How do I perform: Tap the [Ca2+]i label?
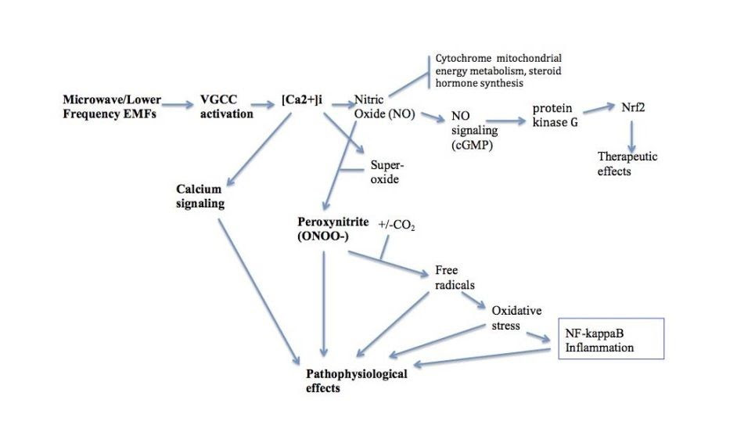302,100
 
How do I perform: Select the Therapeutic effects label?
627,164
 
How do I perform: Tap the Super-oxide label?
386,172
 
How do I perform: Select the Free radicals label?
454,278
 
